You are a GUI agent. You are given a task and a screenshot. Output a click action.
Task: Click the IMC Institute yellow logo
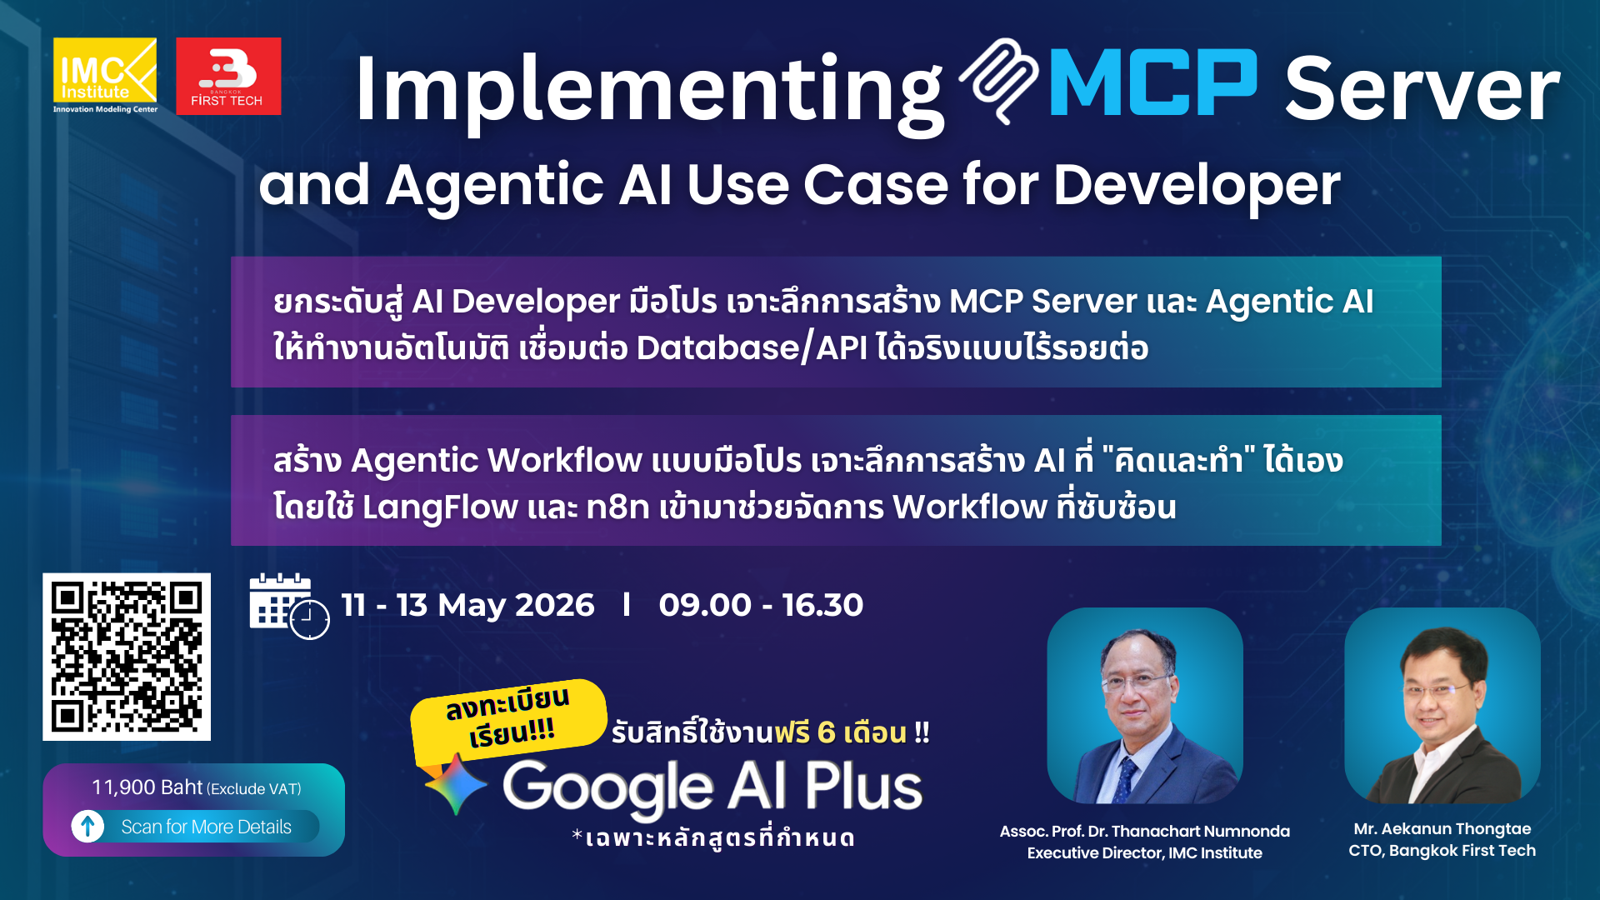[x=104, y=75]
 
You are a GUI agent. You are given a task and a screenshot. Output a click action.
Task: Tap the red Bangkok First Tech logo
[x=228, y=76]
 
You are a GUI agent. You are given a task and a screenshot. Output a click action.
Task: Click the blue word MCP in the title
[x=1152, y=83]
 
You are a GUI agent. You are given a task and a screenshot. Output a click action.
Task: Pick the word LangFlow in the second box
[x=439, y=507]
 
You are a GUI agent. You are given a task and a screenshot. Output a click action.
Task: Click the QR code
[x=127, y=657]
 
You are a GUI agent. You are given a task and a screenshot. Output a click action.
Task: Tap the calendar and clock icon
[x=288, y=606]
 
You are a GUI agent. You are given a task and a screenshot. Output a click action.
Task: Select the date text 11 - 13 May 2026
[x=467, y=605]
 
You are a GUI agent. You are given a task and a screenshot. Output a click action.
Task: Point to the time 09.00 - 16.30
[x=760, y=605]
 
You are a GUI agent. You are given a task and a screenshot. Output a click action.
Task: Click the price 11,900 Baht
[x=147, y=787]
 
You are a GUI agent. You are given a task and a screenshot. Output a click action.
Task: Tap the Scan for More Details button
[x=206, y=827]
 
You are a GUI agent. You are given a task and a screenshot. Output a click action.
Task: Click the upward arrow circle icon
[x=87, y=826]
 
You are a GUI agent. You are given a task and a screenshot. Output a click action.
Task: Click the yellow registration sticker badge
[x=507, y=717]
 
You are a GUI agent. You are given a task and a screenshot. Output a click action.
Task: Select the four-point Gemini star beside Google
[x=455, y=784]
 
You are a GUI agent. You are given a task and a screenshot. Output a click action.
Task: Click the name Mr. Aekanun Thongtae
[x=1442, y=828]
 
